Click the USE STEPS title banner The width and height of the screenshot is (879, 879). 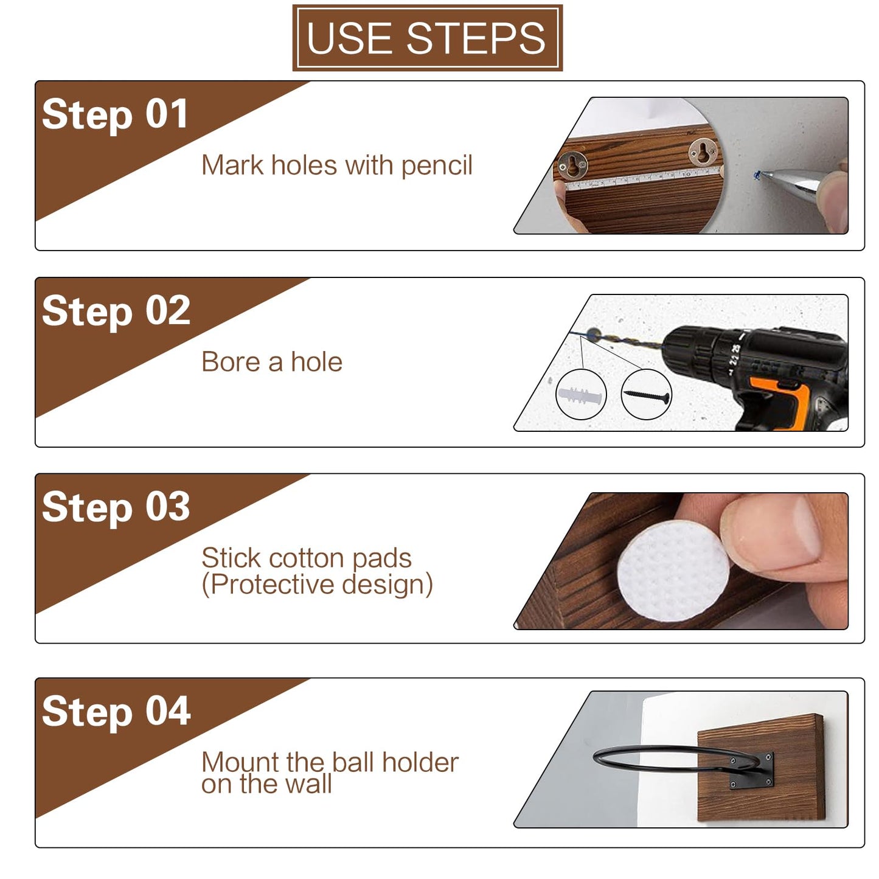coord(427,38)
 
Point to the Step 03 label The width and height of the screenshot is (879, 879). coord(116,507)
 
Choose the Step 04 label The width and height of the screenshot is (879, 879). coord(116,712)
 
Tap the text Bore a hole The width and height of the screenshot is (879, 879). coord(272,362)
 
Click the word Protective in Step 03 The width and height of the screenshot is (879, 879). coord(274,585)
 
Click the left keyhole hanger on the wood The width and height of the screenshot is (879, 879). coord(571,164)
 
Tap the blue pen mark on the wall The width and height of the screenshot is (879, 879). coord(757,175)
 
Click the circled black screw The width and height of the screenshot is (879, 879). coord(647,396)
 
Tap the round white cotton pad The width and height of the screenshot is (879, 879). coord(673,572)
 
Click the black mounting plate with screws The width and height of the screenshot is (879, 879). coord(752,771)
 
